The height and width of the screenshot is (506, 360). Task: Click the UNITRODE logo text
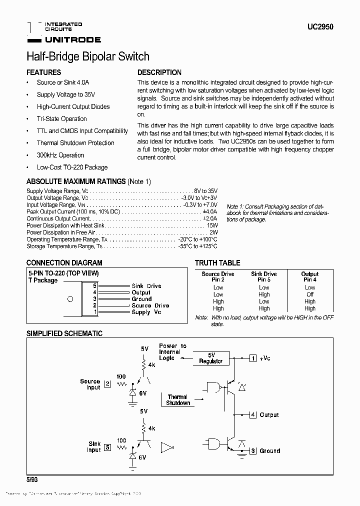tap(73, 39)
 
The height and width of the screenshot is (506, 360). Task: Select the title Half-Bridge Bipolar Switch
tap(87, 56)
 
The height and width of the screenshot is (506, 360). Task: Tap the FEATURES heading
tap(43, 72)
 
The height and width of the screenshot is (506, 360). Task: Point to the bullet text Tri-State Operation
tap(61, 118)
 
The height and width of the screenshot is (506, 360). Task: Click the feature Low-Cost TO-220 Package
tap(72, 167)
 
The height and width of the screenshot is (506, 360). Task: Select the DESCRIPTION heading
tap(159, 72)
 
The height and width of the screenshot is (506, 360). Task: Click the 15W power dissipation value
tap(212, 225)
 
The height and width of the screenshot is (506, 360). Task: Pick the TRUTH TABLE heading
tap(217, 262)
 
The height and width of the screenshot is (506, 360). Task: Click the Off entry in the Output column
tap(310, 294)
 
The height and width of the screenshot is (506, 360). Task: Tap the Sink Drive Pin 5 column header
tap(264, 276)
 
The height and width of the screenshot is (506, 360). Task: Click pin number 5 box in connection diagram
tap(95, 285)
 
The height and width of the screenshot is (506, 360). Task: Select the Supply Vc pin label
tap(146, 312)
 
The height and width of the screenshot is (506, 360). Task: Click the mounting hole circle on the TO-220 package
tap(70, 299)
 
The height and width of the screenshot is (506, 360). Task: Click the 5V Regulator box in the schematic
tap(210, 358)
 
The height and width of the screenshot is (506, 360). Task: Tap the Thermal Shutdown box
tap(178, 399)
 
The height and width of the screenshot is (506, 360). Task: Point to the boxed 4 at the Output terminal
tap(253, 414)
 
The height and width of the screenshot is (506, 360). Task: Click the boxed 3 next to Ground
tap(253, 450)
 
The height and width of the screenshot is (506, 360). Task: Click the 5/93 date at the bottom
tap(32, 478)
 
